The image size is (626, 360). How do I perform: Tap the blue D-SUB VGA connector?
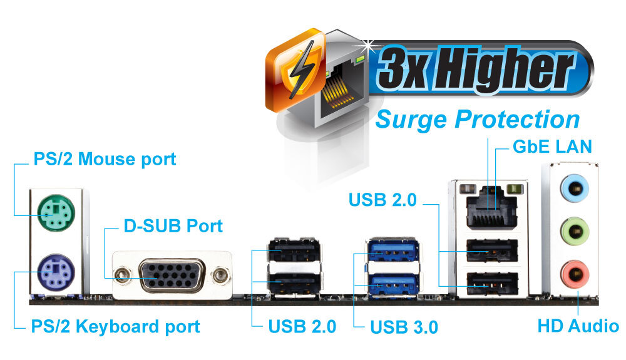click(x=170, y=275)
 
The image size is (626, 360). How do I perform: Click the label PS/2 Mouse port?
click(x=104, y=159)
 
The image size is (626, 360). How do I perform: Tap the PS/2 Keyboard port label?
click(x=115, y=326)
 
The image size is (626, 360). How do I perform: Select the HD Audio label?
click(x=578, y=326)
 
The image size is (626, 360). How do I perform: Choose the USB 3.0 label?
click(x=404, y=327)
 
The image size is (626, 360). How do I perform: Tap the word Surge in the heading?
click(x=411, y=119)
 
